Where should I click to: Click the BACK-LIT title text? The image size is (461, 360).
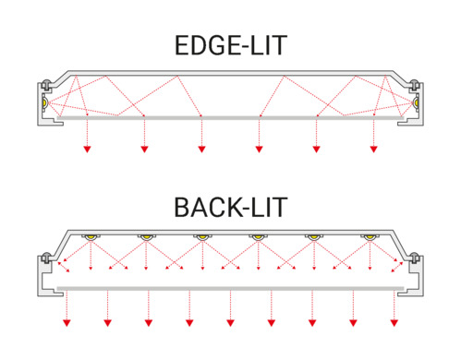[230, 206]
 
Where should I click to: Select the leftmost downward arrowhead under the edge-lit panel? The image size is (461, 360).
[87, 149]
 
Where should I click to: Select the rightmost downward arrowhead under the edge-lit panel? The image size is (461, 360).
[373, 149]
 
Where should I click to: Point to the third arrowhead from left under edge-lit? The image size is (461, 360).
[201, 149]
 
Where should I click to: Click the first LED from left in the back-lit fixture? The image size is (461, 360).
[92, 239]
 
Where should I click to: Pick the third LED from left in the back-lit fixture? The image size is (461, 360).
[202, 239]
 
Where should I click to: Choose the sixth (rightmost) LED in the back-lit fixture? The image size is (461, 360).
[369, 239]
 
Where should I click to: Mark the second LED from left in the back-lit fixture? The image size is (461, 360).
[147, 239]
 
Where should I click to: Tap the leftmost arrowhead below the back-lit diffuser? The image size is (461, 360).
[67, 322]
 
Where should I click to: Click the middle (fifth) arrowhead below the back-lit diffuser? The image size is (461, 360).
[230, 322]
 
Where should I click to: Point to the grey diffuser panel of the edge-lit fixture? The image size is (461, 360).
[230, 118]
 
